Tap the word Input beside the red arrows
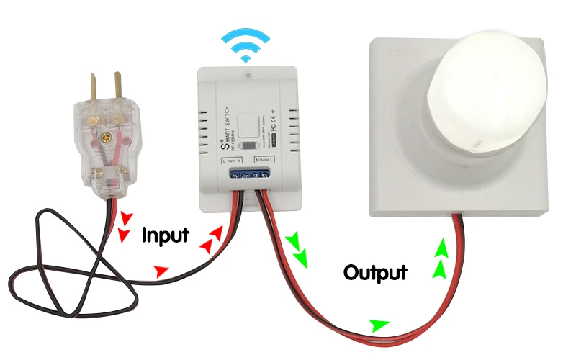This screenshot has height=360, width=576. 166,235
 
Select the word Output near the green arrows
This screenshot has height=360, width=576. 375,273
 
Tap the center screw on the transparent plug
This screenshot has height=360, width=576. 109,134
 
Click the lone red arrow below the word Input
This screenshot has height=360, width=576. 161,271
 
